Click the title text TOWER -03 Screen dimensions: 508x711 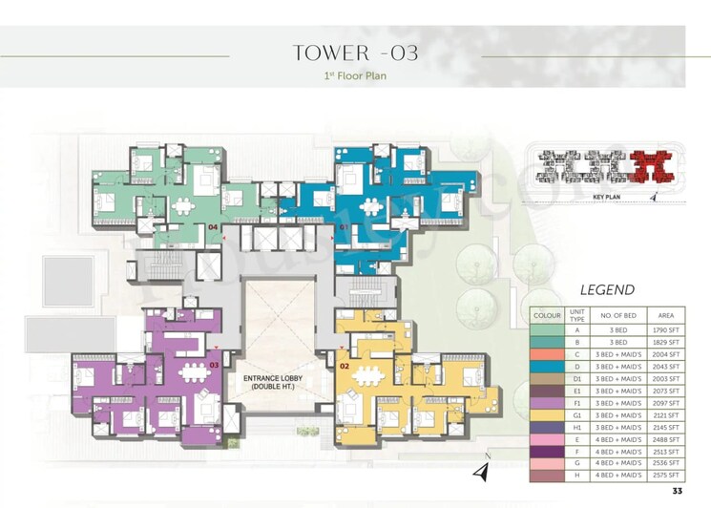[x=355, y=53]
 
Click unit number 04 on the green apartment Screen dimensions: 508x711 [x=215, y=227]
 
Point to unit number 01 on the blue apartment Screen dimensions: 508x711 [x=345, y=229]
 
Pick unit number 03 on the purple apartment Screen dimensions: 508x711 [x=215, y=365]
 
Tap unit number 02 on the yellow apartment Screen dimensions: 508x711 [x=345, y=366]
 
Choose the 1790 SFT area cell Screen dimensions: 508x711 [x=664, y=328]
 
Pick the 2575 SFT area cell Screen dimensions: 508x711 [x=664, y=475]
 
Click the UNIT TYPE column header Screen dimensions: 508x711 [x=575, y=314]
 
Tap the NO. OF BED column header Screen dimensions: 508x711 [x=618, y=314]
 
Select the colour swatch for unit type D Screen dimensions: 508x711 [x=547, y=365]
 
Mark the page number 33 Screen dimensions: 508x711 [x=678, y=491]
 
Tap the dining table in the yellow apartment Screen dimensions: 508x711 [x=364, y=375]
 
